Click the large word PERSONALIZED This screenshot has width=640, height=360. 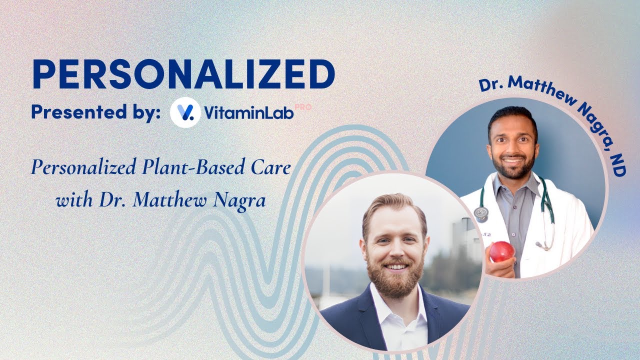pos(183,75)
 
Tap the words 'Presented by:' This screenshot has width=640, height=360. pos(95,112)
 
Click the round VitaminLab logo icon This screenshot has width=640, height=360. pos(185,112)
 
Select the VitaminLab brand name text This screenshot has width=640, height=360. pos(248,113)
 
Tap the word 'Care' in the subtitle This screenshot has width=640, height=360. pos(274,168)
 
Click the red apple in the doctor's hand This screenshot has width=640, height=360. pos(501,251)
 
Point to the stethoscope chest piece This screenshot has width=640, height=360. pos(480,214)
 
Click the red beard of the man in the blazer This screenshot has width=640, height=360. pos(395,277)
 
